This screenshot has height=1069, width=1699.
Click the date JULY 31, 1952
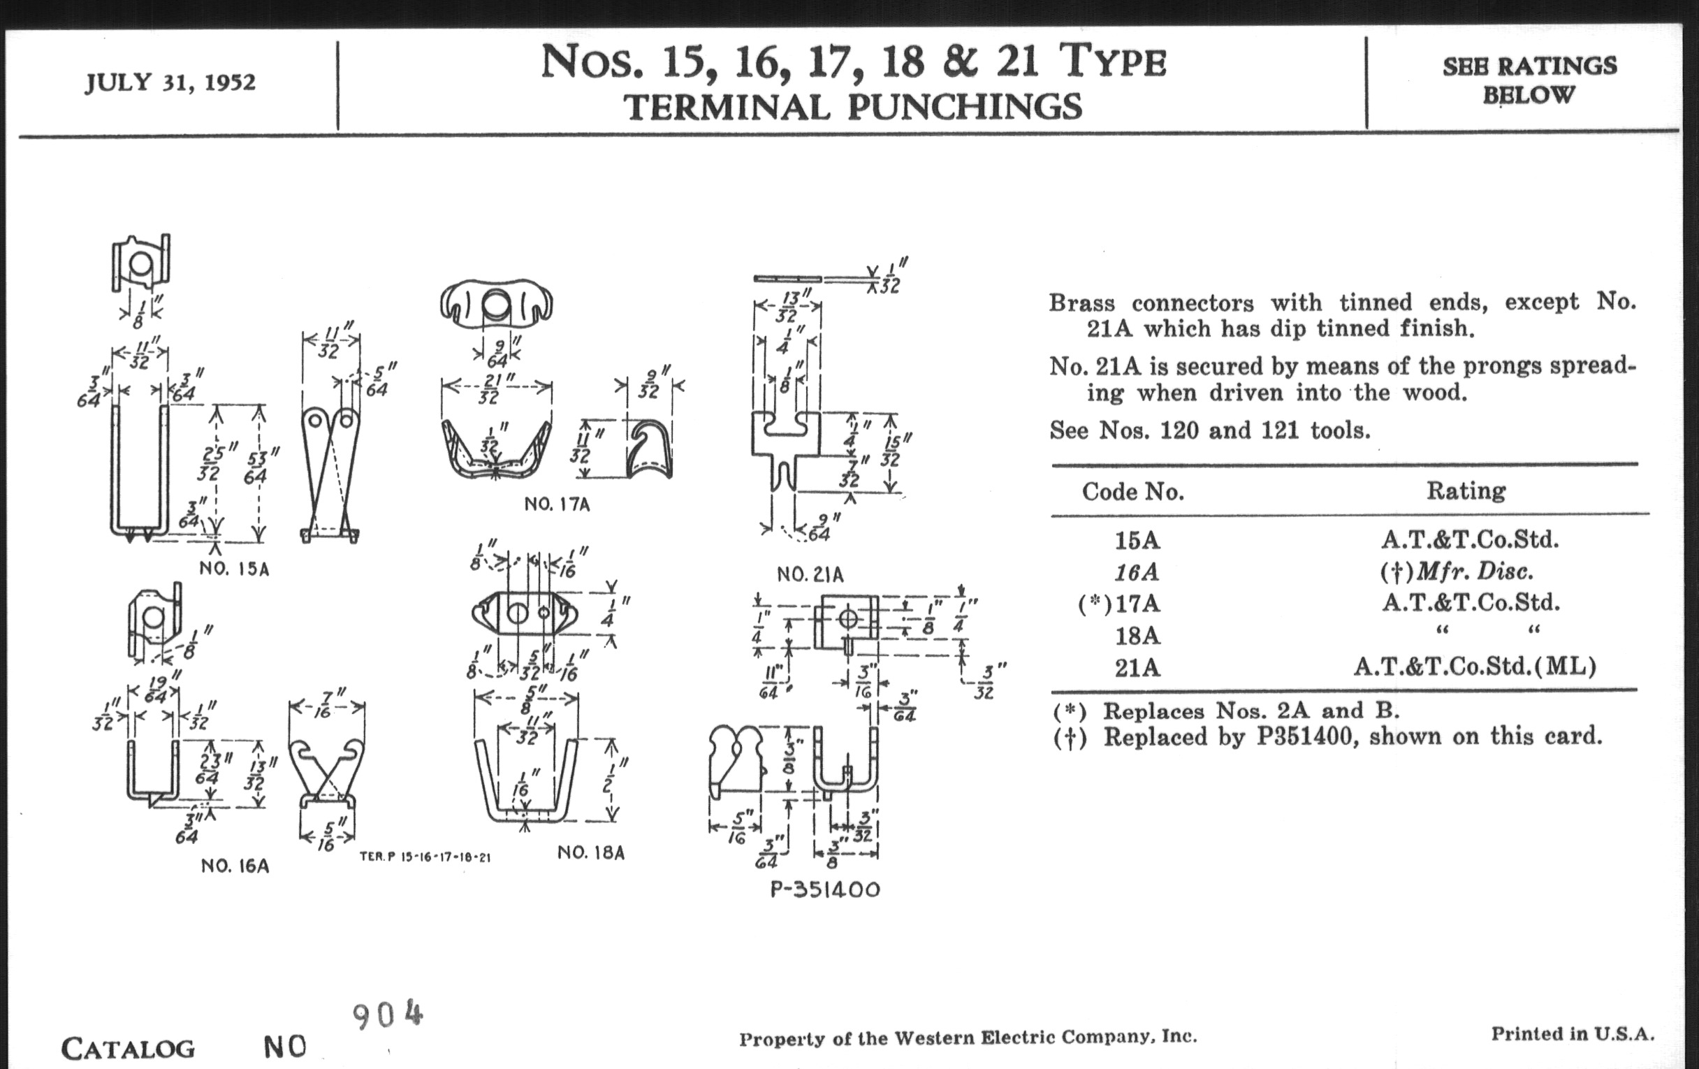[170, 82]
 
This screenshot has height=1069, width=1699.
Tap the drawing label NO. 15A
[234, 569]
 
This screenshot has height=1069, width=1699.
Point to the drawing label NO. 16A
[235, 866]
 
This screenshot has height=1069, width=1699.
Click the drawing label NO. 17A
[557, 504]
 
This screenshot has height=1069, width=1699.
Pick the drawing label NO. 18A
[591, 853]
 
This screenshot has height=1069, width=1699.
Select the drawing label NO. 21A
[810, 575]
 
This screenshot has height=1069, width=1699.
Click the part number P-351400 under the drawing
[825, 889]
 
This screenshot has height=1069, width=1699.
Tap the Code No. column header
[1132, 492]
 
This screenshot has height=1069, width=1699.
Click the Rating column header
[1466, 491]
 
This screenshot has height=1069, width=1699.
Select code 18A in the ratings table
[1137, 636]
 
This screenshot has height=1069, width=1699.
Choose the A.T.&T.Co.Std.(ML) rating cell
[1475, 667]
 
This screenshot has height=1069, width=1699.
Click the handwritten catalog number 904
[386, 1016]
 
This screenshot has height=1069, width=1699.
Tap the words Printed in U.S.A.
[1572, 1035]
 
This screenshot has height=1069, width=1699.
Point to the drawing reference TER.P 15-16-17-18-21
[425, 857]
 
